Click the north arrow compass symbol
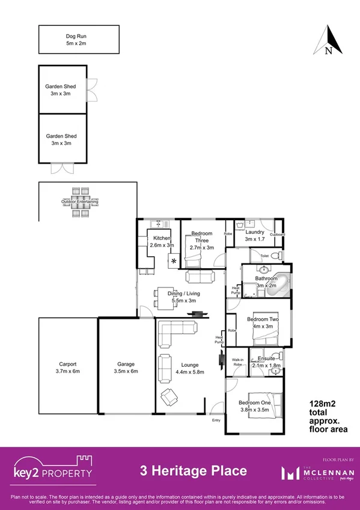coord(328,41)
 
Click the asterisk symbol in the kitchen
coord(174,261)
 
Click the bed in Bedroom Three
coord(195,259)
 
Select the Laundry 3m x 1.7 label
coord(255,235)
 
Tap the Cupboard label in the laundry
coord(276,234)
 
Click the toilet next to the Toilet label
coord(273,256)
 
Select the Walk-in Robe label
coord(237,363)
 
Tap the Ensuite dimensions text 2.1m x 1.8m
coord(266,365)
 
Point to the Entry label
coord(216,420)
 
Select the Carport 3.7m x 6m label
coord(67,367)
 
